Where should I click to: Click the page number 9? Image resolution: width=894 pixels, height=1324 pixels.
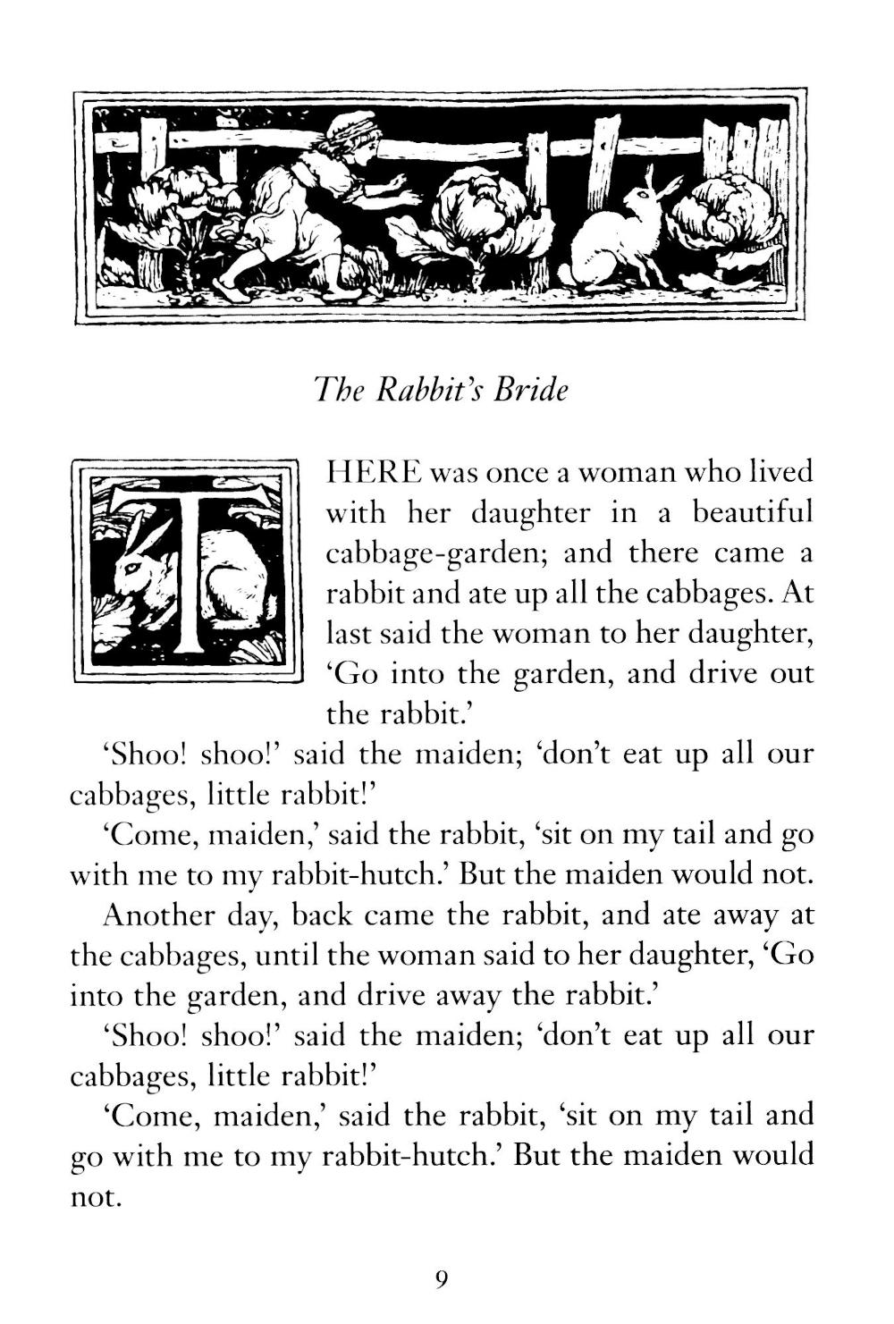[441, 1279]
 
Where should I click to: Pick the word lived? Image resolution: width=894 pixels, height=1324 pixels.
[780, 471]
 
